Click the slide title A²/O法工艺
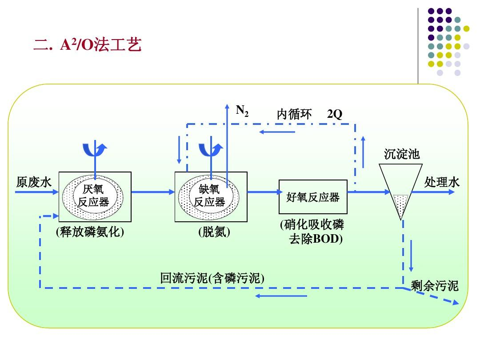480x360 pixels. (x=88, y=45)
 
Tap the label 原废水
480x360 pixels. (x=34, y=182)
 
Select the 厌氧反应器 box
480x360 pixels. (x=95, y=196)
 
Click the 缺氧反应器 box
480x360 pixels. (x=211, y=196)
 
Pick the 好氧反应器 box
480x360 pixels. (x=313, y=197)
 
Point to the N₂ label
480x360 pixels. (x=242, y=111)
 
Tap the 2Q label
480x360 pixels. (x=335, y=114)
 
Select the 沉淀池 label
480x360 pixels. (x=401, y=154)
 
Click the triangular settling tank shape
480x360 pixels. (x=400, y=187)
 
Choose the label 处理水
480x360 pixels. (x=442, y=182)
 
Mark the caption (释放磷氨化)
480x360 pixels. (x=90, y=232)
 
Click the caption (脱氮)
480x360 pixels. (x=214, y=232)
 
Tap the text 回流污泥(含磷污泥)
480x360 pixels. (x=212, y=279)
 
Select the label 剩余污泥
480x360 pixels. (x=434, y=286)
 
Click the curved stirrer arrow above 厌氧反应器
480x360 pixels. (x=95, y=150)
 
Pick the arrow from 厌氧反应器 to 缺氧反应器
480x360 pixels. (x=153, y=192)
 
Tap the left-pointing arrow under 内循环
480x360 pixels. (x=277, y=132)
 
